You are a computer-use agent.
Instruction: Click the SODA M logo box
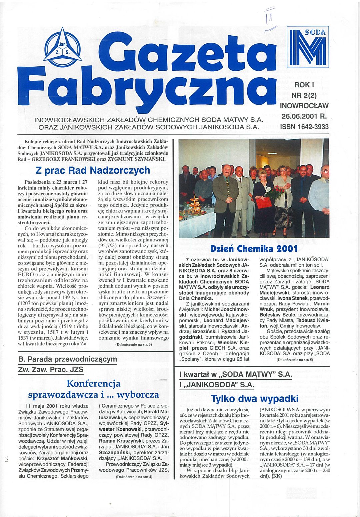point(308,47)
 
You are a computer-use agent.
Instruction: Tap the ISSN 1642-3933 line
point(304,127)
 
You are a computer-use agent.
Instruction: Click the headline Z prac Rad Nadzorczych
point(93,170)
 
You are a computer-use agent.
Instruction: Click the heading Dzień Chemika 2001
point(254,248)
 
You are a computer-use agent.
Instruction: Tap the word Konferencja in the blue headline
point(93,383)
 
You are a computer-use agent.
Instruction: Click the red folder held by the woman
point(263,203)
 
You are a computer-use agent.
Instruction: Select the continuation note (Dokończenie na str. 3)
point(133,344)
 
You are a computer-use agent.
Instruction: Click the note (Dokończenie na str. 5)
point(295,360)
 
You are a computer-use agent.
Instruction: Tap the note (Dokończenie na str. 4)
point(134,477)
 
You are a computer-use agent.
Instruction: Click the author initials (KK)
point(277,476)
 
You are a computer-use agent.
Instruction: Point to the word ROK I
point(304,85)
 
